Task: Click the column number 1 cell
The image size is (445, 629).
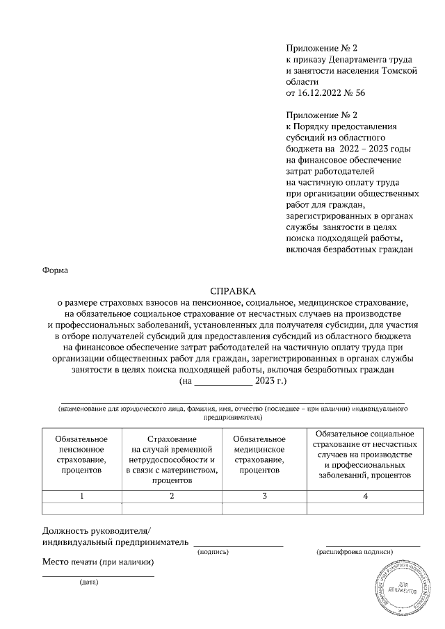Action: click(x=81, y=496)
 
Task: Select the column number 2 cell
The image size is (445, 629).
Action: click(x=172, y=496)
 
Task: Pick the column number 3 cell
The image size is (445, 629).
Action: click(x=264, y=496)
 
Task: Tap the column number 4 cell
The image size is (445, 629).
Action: click(x=365, y=496)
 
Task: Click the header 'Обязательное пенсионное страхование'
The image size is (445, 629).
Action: click(x=81, y=455)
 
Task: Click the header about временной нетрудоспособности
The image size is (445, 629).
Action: click(x=172, y=460)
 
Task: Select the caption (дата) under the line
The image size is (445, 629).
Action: click(x=89, y=582)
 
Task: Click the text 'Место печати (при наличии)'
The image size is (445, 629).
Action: click(x=98, y=562)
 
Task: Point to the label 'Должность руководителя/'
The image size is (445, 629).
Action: click(x=91, y=529)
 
